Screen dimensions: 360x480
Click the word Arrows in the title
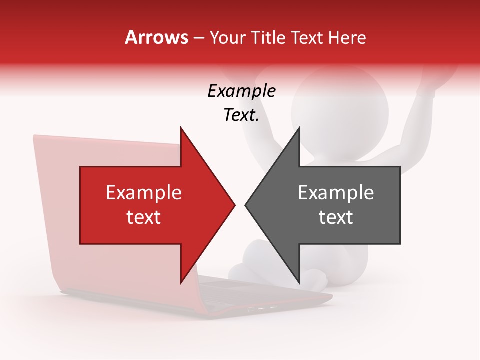click(x=157, y=37)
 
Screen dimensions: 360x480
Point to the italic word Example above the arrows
click(x=241, y=91)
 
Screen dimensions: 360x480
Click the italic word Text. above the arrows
click(x=241, y=115)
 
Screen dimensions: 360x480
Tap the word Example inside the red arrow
click(x=144, y=192)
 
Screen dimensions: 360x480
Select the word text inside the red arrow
click(x=144, y=217)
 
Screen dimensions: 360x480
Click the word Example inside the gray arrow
click(x=336, y=192)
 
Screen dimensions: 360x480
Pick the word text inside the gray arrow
click(x=336, y=217)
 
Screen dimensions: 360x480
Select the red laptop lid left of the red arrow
click(x=55, y=210)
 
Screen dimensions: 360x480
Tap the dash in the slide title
click(x=198, y=38)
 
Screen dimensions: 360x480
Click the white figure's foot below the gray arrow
click(x=315, y=280)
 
